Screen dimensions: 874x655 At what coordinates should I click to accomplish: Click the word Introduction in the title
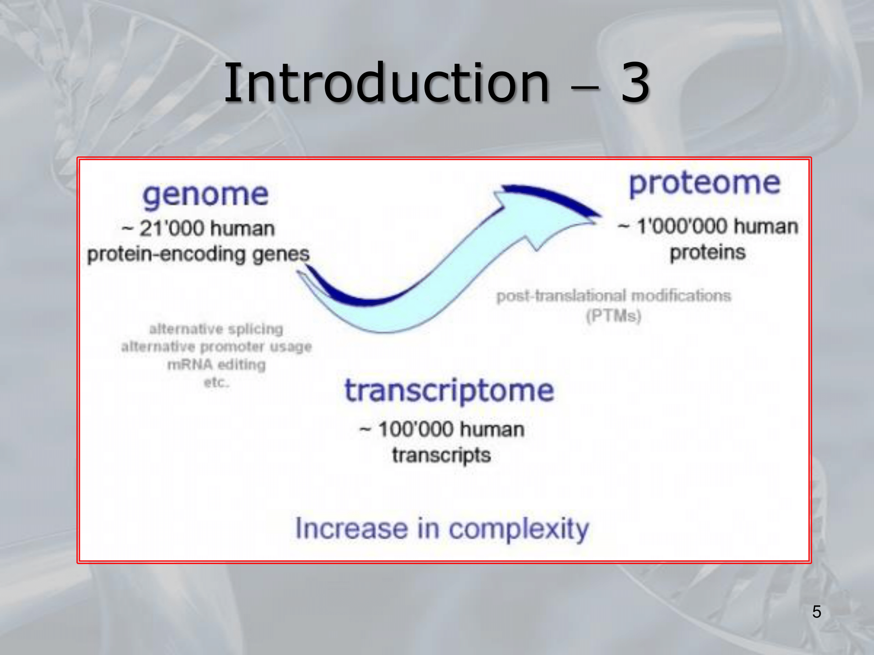387,83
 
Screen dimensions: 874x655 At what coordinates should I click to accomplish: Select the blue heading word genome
205,195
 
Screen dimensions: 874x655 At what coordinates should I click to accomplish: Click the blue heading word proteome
704,184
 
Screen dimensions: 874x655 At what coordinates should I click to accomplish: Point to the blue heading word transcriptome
449,391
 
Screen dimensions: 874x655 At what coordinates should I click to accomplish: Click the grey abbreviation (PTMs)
614,316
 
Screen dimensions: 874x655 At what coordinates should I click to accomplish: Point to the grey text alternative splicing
216,329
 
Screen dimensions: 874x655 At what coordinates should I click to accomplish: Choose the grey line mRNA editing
216,364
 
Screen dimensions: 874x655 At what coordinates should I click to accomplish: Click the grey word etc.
216,382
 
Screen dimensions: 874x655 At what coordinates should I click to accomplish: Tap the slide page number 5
817,612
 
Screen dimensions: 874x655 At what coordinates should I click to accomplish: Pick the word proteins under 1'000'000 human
708,253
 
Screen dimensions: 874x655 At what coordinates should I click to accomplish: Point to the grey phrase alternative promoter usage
216,347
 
